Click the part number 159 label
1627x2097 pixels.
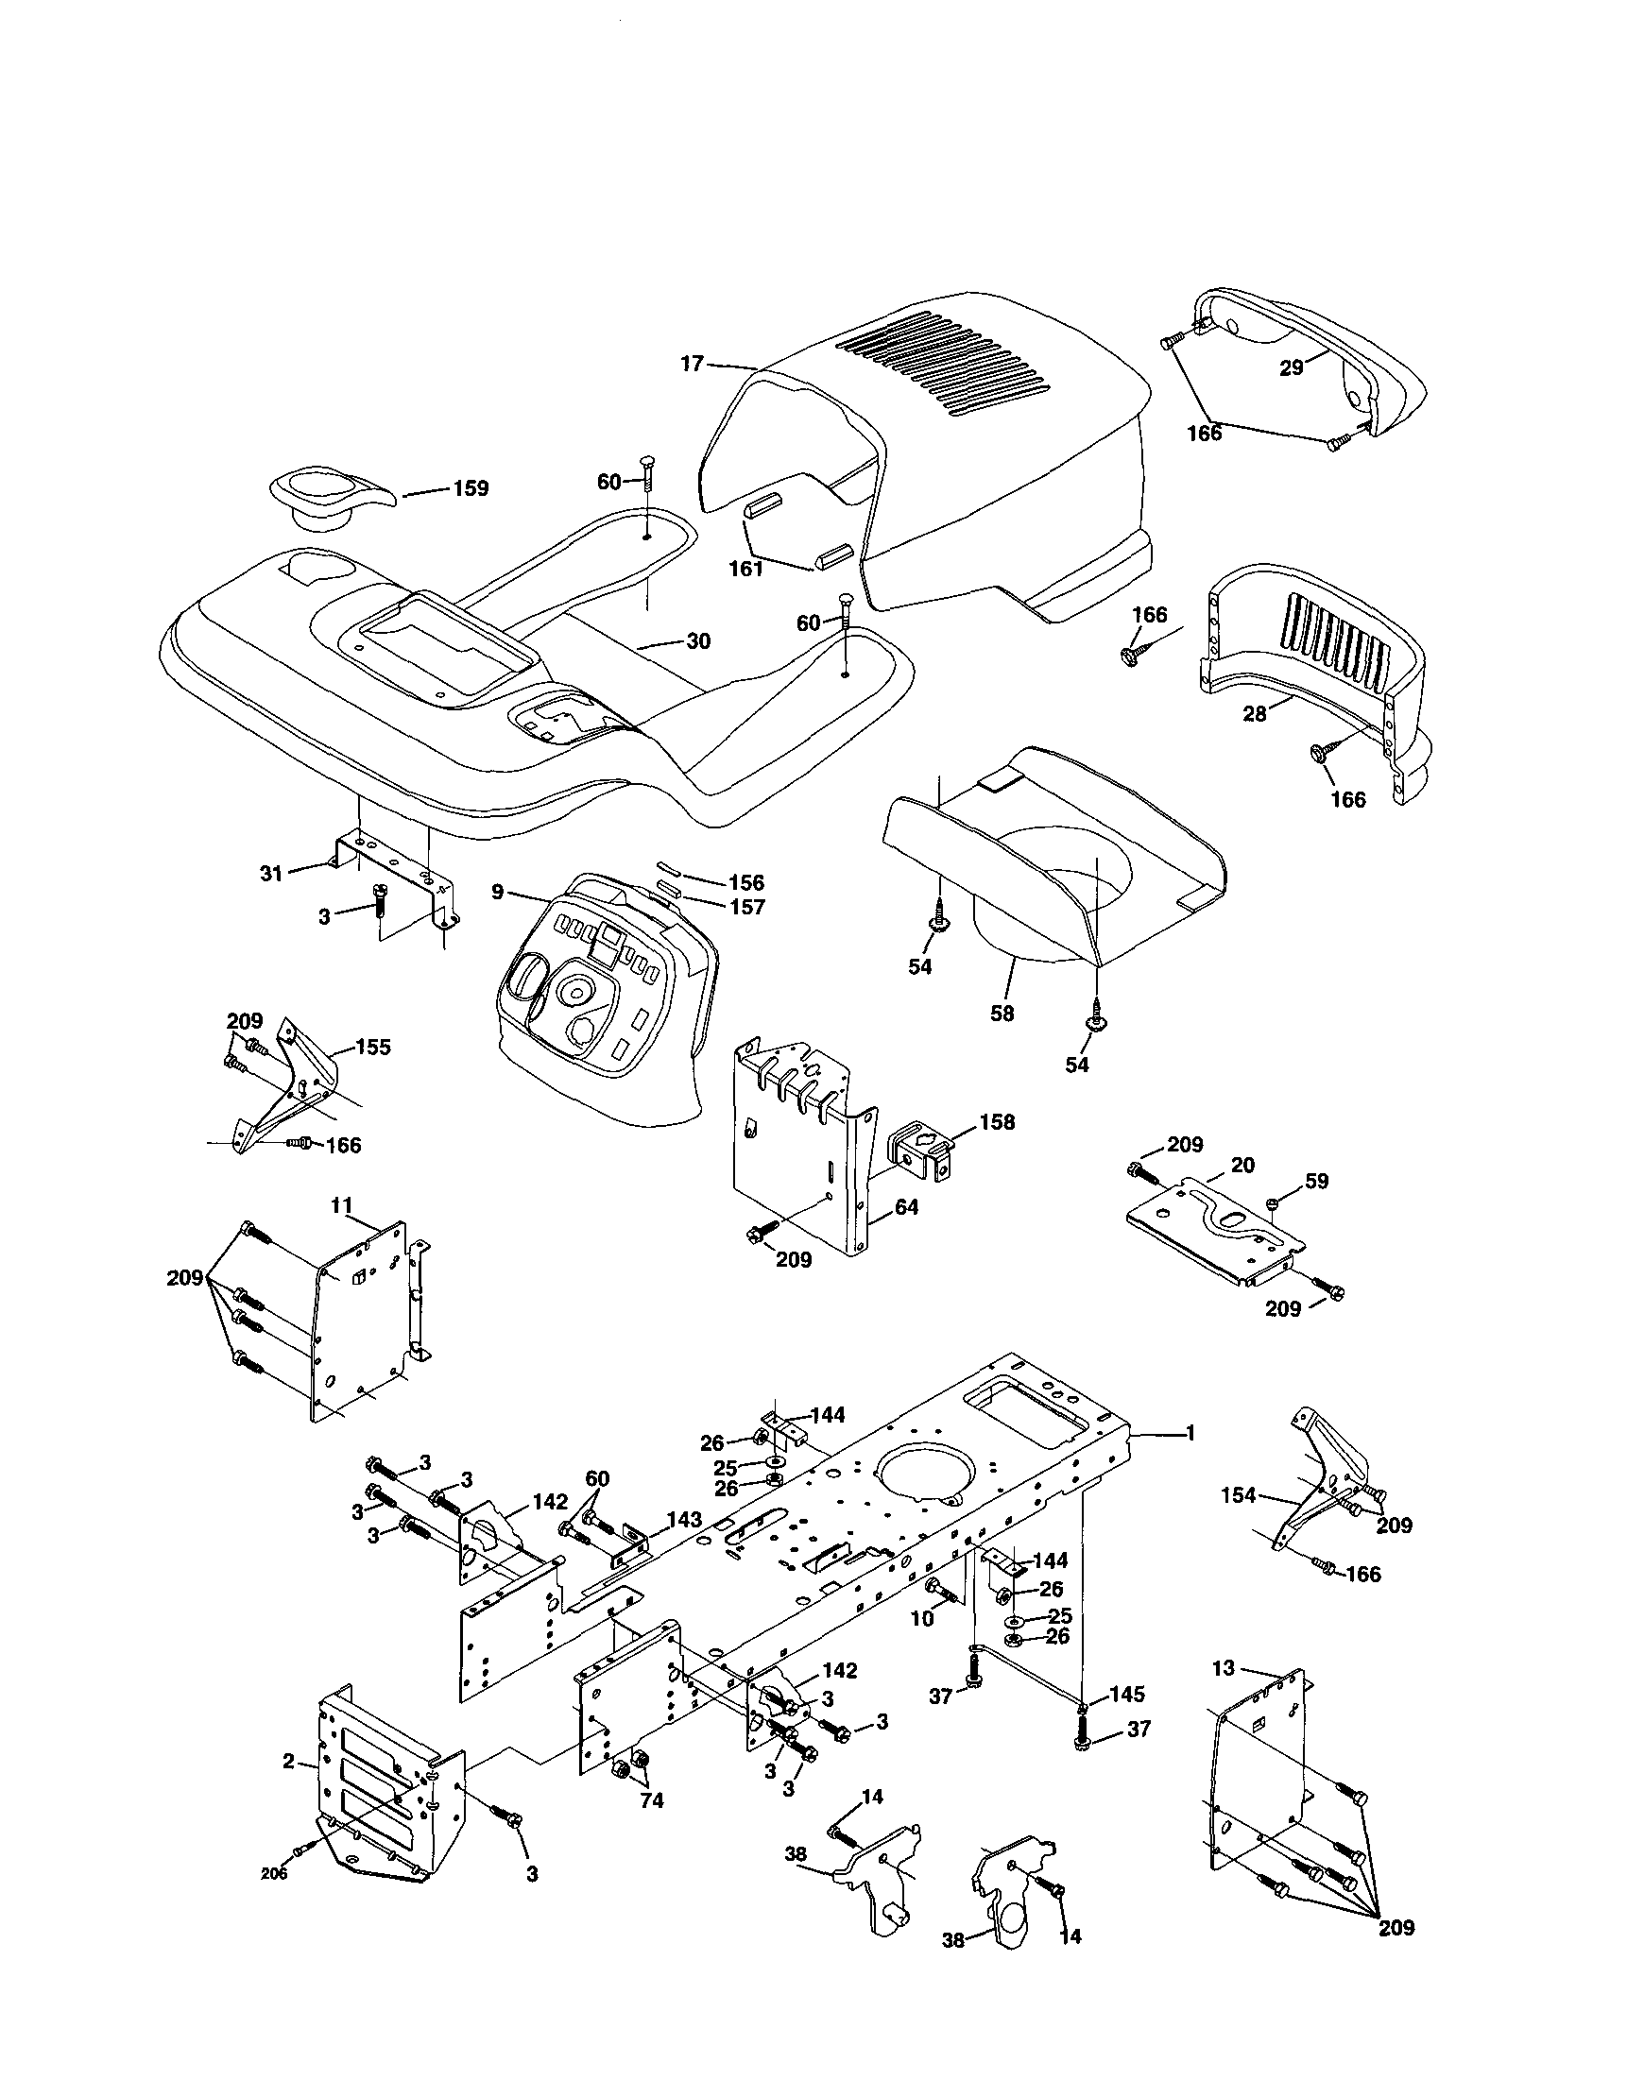click(x=470, y=488)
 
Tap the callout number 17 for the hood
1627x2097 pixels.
click(x=693, y=363)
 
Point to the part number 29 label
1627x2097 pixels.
click(x=1291, y=367)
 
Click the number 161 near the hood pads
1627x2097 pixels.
click(x=745, y=569)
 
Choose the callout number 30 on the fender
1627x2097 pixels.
click(x=698, y=640)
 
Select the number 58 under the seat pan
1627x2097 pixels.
click(x=1002, y=1013)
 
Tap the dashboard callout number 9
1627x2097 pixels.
click(x=497, y=892)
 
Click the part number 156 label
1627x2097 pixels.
click(x=746, y=882)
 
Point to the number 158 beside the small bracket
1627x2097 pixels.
click(x=997, y=1121)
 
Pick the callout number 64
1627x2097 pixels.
click(x=906, y=1207)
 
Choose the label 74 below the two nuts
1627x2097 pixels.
click(x=651, y=1801)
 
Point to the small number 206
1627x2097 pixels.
click(x=274, y=1874)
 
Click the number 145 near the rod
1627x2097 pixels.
click(x=1126, y=1694)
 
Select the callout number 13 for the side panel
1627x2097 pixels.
click(x=1223, y=1669)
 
